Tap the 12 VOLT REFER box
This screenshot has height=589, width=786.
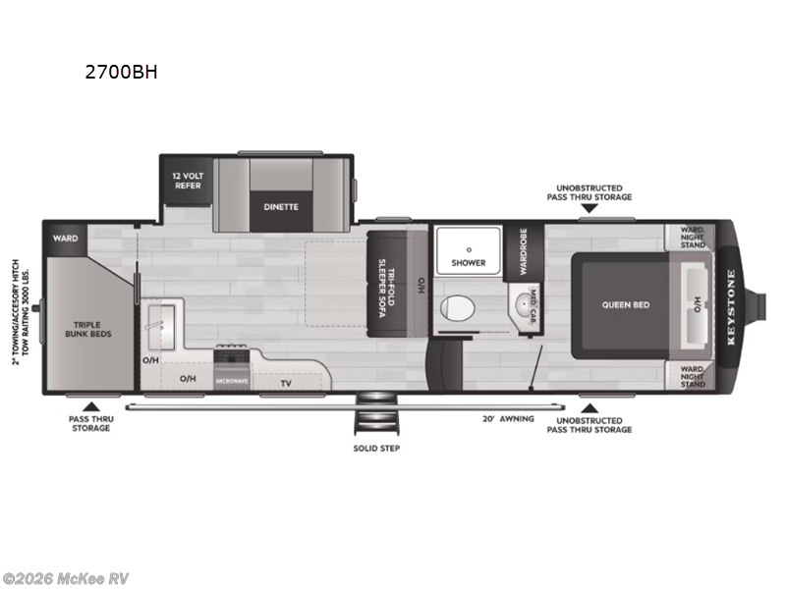click(188, 180)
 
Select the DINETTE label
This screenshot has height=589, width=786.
click(280, 207)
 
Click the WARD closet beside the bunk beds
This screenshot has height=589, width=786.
click(65, 237)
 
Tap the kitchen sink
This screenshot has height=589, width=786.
click(158, 320)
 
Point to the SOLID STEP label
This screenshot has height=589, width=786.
click(377, 448)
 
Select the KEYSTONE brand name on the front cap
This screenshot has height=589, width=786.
click(730, 305)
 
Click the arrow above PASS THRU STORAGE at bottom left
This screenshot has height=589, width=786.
click(90, 406)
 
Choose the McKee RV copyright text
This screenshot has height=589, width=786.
click(66, 578)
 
